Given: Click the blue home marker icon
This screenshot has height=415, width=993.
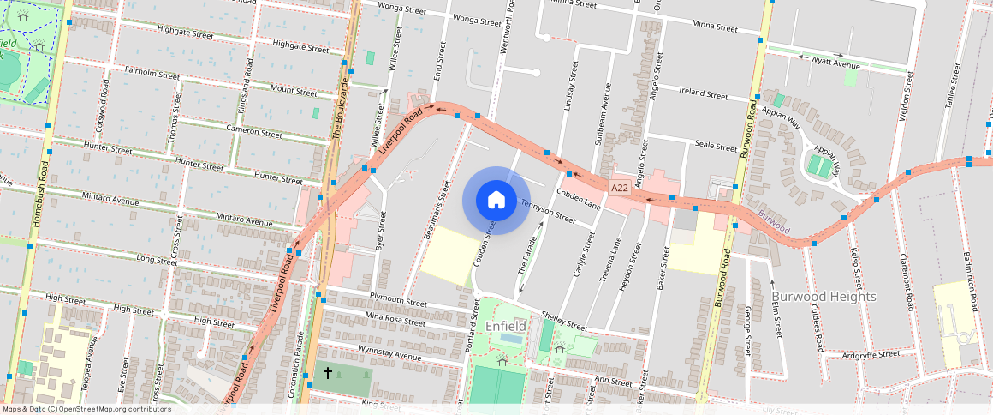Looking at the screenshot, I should [496, 200].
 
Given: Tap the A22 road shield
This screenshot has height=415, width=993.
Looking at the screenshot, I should [621, 186].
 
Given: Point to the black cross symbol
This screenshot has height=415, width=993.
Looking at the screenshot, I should [327, 374].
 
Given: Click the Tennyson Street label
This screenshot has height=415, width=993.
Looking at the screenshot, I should [548, 211].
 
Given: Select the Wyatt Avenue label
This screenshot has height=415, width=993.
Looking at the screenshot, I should [835, 64].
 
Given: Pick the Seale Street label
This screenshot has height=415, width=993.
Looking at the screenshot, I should [716, 147].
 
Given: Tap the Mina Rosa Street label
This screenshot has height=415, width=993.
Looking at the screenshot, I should [395, 319].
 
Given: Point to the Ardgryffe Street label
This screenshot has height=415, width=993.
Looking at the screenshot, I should [871, 353].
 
